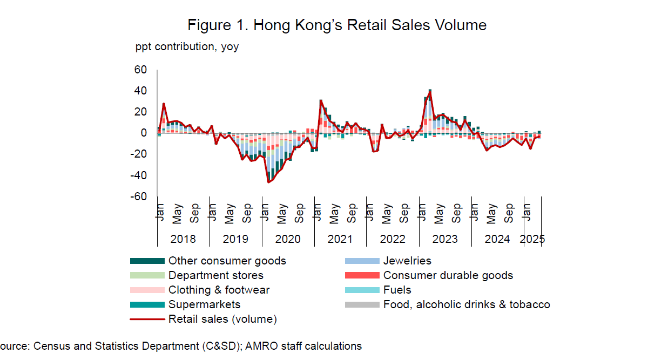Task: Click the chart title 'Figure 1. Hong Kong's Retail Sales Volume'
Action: pos(337,25)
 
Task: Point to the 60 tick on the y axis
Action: pos(140,70)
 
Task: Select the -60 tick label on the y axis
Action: pos(139,197)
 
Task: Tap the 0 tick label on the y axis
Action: pos(144,133)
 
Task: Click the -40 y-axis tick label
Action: pos(139,176)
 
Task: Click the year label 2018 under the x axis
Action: pos(183,239)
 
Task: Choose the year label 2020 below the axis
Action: pos(287,239)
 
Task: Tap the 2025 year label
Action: pos(532,239)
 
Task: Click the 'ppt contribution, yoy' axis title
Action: pos(187,46)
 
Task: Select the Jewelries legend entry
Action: pos(407,261)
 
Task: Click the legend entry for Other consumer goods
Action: pos(227,261)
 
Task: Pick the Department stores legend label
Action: pos(216,276)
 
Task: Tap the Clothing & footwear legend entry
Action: pos(219,290)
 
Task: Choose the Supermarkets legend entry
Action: pos(204,305)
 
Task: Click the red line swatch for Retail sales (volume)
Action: pos(147,320)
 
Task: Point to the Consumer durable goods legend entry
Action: pos(448,276)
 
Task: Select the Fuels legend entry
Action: pos(397,290)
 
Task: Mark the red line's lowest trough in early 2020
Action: pos(268,182)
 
